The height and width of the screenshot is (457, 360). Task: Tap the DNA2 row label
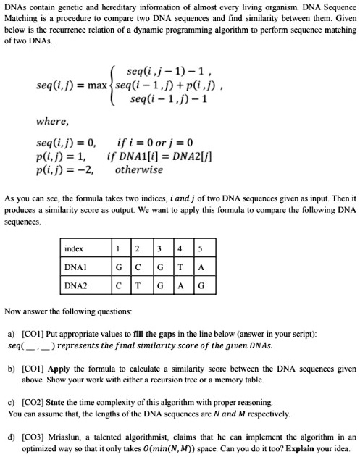(x=75, y=285)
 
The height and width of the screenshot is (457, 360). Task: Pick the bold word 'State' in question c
(x=56, y=401)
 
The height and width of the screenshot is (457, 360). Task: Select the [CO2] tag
(x=30, y=401)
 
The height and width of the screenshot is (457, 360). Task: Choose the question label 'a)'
(x=10, y=335)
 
